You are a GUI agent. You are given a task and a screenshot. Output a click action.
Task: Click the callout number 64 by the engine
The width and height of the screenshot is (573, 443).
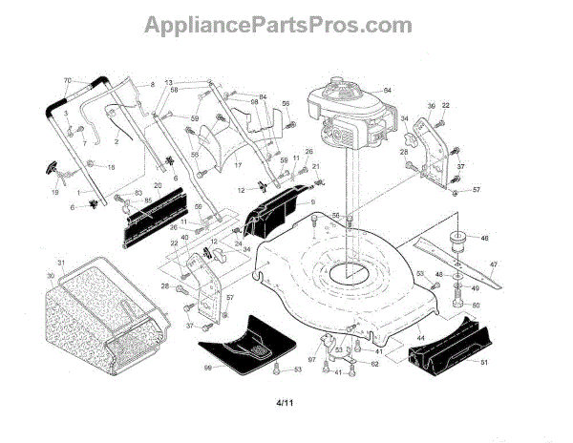point(388,90)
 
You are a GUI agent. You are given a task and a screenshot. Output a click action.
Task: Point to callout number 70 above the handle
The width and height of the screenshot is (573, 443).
point(67,79)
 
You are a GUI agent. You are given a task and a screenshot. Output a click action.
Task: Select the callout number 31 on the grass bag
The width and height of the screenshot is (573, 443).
point(59,263)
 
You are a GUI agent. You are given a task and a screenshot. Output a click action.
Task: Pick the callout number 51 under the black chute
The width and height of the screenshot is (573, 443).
point(484,362)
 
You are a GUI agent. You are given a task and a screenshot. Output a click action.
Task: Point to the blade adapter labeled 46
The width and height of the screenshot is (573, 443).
point(456,239)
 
